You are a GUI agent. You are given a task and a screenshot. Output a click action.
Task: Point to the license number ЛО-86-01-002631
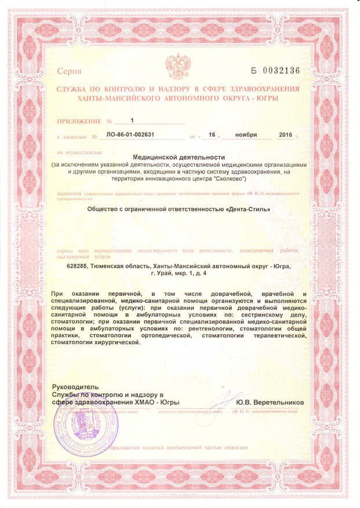point(130,135)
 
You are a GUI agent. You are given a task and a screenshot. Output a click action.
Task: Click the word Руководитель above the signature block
point(75,386)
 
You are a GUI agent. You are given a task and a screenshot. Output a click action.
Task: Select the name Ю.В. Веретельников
point(270,403)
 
